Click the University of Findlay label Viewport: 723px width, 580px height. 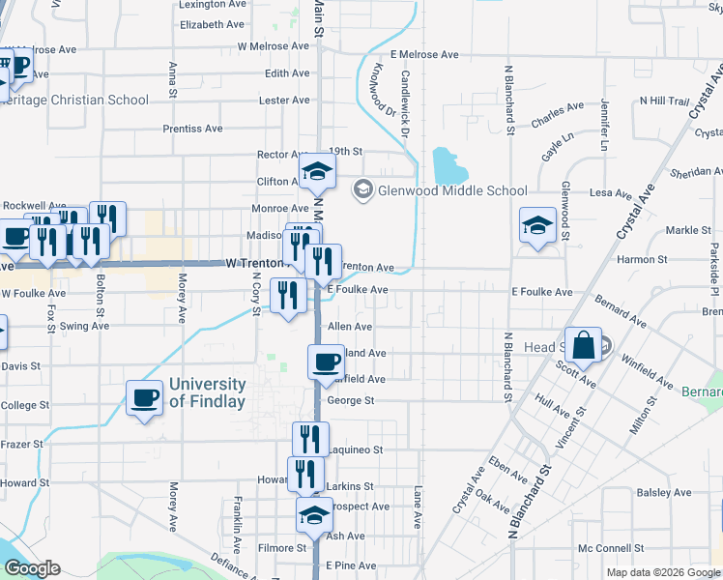tap(207, 391)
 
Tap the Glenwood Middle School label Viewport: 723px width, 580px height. tap(451, 190)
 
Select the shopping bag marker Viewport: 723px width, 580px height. tap(586, 345)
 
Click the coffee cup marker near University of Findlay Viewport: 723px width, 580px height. tap(145, 397)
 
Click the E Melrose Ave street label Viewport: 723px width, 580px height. tap(423, 55)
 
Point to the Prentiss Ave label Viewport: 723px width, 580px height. tap(192, 129)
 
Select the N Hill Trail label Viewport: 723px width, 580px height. tap(663, 101)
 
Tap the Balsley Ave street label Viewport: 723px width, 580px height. tap(664, 493)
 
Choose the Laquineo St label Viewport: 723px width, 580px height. tap(356, 449)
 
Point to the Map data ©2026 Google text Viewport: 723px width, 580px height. tap(663, 572)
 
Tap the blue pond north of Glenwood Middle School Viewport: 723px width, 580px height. tap(445, 166)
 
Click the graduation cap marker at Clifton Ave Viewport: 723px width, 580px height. tap(315, 172)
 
